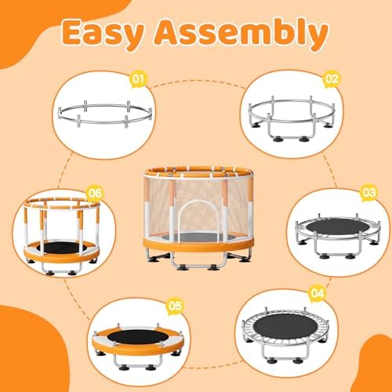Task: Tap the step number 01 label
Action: [x=139, y=78]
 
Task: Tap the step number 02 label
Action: [x=331, y=78]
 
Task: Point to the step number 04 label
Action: [x=316, y=293]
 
